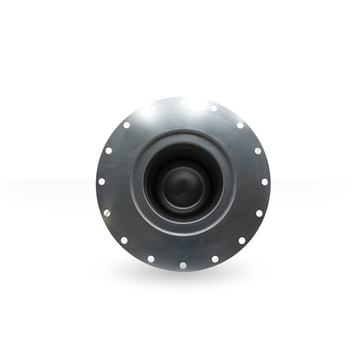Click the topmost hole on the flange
coord(183,102)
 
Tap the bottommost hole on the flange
coord(183,265)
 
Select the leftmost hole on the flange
coord(100,183)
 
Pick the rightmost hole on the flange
coord(265,183)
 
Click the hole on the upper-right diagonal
coord(241,125)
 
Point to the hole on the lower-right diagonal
coord(241,241)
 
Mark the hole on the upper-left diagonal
coord(125,125)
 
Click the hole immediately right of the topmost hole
coord(214,107)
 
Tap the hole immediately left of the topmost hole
coord(152,108)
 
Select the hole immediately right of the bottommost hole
coord(215,258)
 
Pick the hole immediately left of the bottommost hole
coord(151,258)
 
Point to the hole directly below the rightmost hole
coord(258,214)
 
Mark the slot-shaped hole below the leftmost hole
coord(107,214)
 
